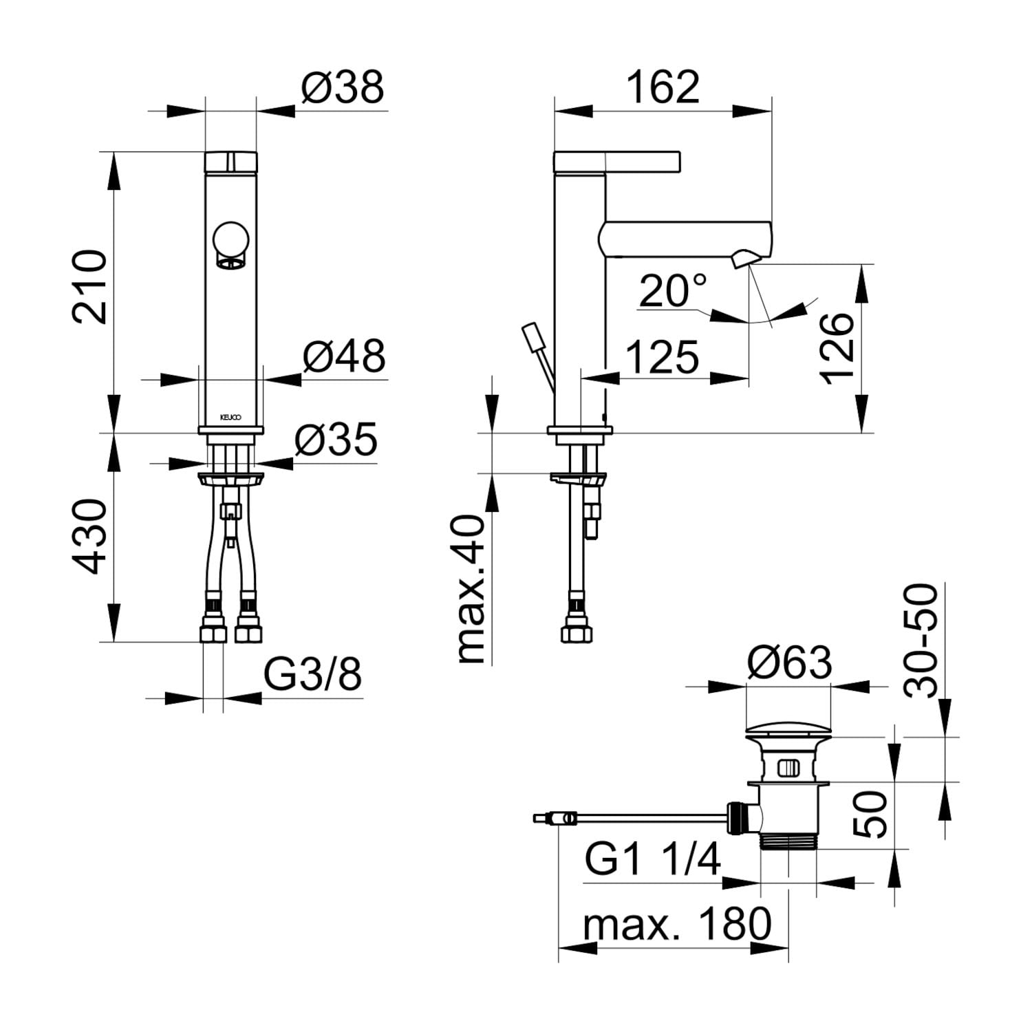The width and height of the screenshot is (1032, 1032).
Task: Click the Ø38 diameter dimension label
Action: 343,88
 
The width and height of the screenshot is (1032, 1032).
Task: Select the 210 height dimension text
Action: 91,287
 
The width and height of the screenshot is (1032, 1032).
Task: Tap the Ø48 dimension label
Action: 344,356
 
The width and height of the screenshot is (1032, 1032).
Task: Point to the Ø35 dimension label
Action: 336,439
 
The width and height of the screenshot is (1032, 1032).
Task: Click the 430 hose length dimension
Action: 91,537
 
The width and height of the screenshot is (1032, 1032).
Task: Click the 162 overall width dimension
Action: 663,87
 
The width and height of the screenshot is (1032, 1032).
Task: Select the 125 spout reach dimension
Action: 663,357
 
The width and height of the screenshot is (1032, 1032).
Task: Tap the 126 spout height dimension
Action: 837,349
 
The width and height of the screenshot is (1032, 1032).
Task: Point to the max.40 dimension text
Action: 472,589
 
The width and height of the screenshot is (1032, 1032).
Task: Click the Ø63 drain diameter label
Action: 790,663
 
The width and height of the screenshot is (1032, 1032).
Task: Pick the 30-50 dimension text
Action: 921,641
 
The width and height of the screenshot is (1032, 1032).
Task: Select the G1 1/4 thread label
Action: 653,859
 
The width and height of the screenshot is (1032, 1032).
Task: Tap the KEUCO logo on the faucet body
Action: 230,417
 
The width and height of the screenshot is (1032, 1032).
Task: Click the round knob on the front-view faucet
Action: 230,240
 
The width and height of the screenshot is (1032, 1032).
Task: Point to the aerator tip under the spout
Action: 744,259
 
